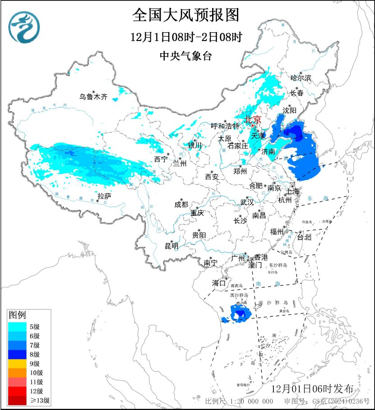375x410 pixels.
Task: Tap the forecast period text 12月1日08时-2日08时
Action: tap(185, 37)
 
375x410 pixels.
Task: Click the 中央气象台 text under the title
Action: tap(185, 56)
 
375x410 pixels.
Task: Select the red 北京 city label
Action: tap(253, 119)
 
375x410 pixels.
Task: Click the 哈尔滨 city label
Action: tap(301, 78)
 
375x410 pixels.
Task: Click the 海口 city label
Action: tap(219, 283)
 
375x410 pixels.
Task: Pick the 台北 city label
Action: tap(305, 237)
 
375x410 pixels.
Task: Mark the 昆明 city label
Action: tap(171, 246)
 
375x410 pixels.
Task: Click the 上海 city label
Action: tap(292, 191)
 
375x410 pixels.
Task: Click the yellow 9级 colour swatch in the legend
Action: tap(17, 364)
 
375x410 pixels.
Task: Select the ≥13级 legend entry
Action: tap(40, 400)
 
